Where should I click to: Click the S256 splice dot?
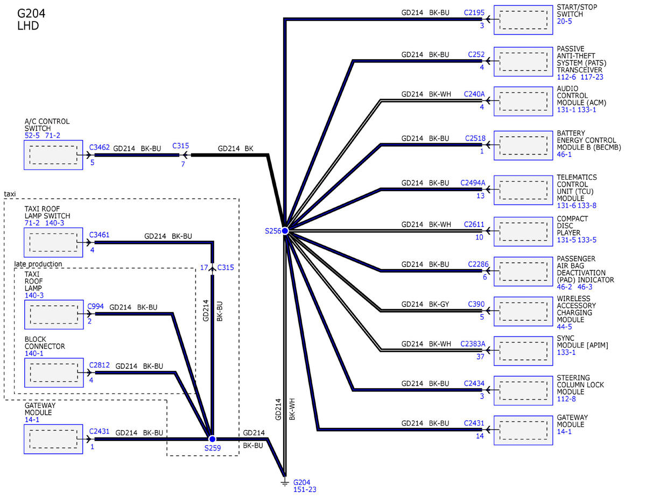(285, 230)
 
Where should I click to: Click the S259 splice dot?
(212, 439)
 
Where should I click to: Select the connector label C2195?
(474, 12)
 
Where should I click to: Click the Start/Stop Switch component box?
(523, 20)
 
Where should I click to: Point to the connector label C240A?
(474, 94)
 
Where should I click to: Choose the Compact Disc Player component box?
(523, 231)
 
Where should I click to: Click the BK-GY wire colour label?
(439, 304)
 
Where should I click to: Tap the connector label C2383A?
(473, 344)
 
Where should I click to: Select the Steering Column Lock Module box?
(523, 390)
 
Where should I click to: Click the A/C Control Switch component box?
(53, 155)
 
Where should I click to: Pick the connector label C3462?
(100, 146)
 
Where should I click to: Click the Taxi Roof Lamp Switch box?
(53, 242)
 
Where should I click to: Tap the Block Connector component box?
(53, 373)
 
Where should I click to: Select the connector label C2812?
(100, 365)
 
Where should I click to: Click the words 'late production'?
(38, 264)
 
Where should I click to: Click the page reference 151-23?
(304, 490)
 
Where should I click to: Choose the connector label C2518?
(475, 138)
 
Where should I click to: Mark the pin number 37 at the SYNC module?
(480, 356)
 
